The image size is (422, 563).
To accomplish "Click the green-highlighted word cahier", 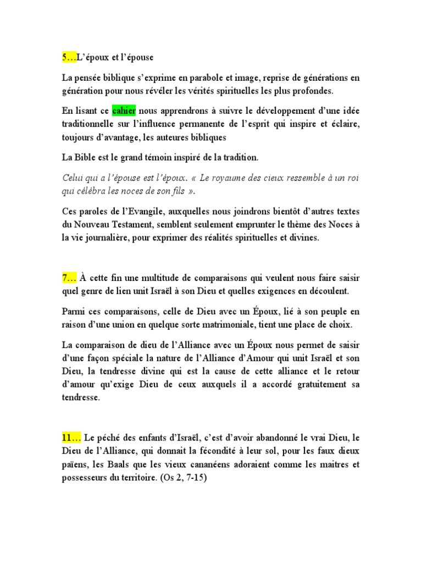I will point(124,111).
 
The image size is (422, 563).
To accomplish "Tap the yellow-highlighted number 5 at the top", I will point(65,57).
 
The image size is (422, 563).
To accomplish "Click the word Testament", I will point(129,225).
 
